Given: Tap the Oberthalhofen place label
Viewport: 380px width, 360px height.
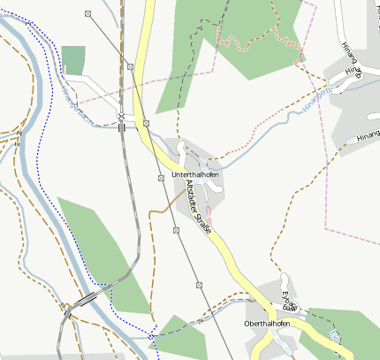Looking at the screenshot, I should (x=267, y=324).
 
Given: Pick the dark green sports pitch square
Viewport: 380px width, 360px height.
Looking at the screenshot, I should (x=73, y=60).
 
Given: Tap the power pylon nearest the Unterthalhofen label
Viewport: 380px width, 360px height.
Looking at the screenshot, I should (x=161, y=178).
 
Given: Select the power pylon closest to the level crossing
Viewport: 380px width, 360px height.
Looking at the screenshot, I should (x=146, y=123).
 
